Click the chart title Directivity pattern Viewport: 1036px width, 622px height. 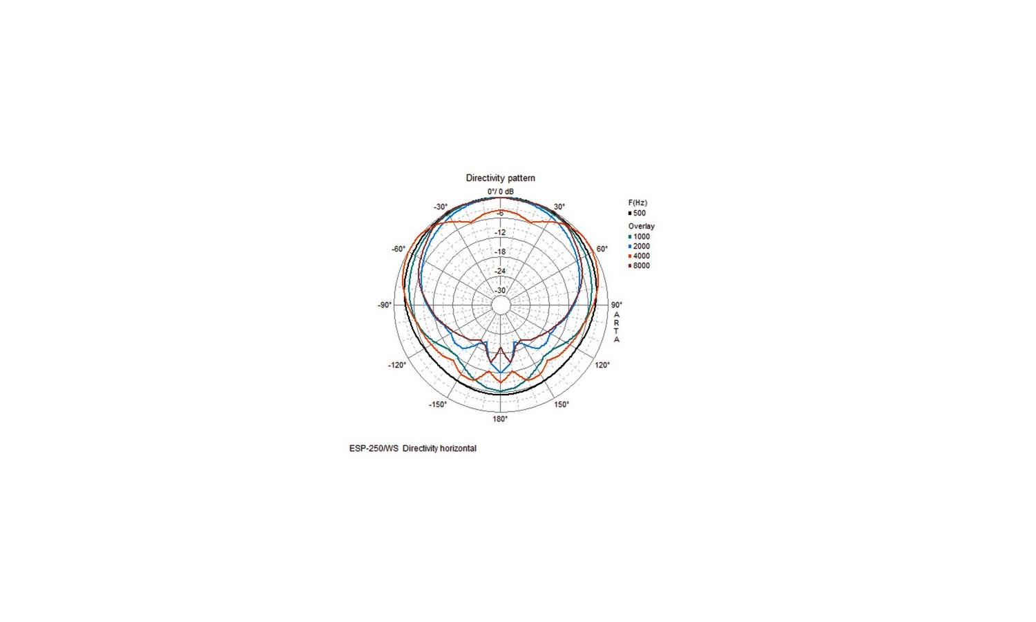coord(501,178)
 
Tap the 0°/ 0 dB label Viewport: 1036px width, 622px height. coord(501,191)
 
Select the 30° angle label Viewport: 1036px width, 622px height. coord(559,207)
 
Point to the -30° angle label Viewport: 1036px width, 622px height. coord(441,207)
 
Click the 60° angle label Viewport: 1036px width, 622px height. coord(602,249)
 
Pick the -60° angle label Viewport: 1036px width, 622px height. coord(399,249)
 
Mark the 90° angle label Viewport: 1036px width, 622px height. coord(617,305)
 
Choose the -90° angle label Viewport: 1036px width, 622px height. coord(384,305)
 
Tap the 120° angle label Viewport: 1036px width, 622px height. coord(602,365)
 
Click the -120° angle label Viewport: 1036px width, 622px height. coord(397,365)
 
